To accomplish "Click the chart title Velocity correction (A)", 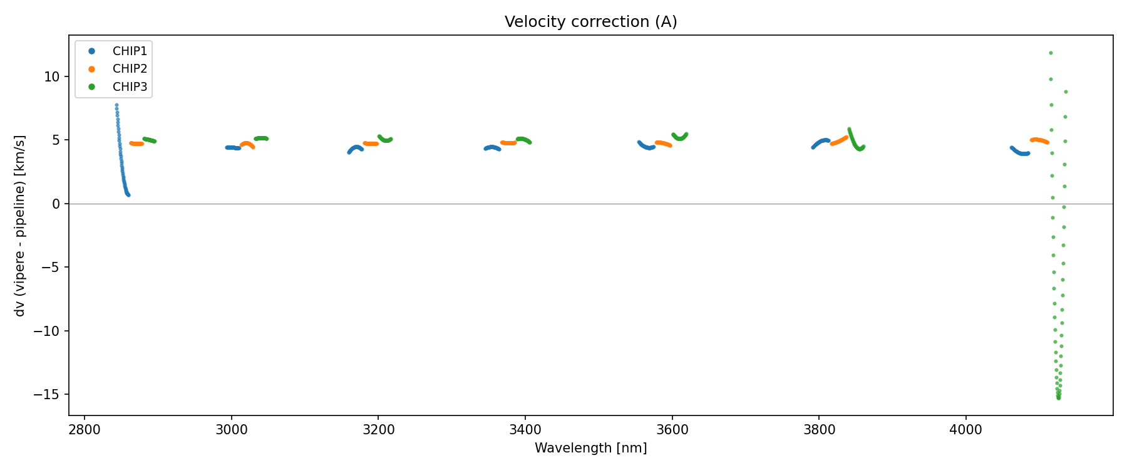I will click(590, 22).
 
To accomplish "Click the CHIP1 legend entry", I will click(130, 51).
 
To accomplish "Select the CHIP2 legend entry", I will click(130, 69).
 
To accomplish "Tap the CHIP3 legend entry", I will click(130, 87).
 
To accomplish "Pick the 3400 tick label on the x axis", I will click(525, 431).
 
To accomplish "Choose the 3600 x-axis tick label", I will click(672, 431).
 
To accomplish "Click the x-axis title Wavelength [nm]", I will click(590, 448).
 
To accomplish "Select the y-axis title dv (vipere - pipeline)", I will click(20, 226).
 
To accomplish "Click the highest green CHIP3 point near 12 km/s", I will click(1051, 53).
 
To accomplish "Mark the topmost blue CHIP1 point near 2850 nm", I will click(116, 105).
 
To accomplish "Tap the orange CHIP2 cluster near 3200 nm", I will click(371, 144).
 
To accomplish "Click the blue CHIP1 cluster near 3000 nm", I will click(232, 148).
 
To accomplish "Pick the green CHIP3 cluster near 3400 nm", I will click(523, 139).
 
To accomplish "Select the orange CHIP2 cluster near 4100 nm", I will click(1039, 140).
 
